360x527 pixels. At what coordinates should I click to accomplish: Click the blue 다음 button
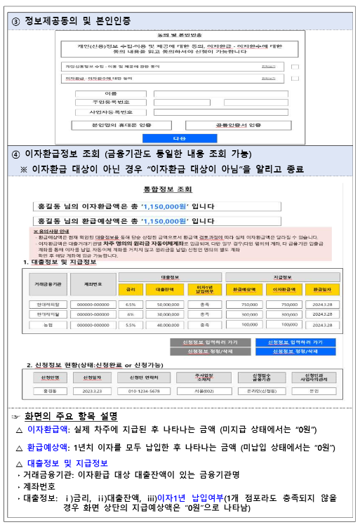click(x=179, y=138)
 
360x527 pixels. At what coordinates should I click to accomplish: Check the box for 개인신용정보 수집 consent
click(x=295, y=67)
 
